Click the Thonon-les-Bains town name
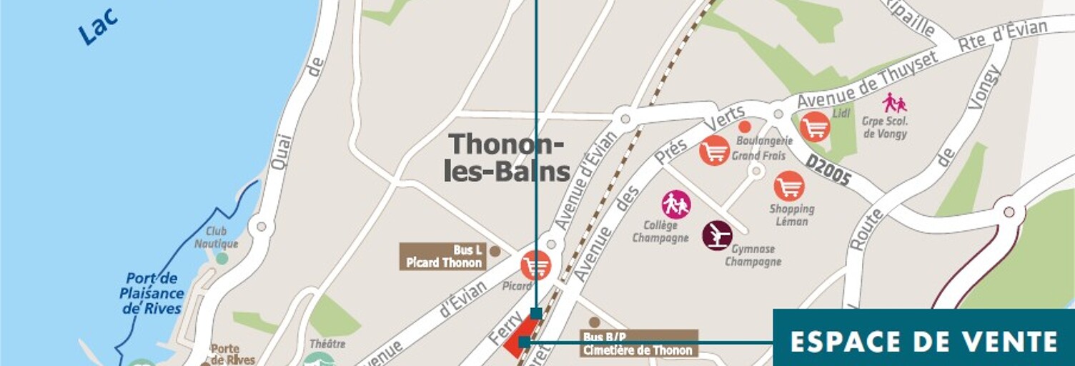coord(507,157)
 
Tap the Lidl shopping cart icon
coord(815,127)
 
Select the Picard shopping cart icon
coord(535,266)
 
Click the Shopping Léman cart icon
coord(789,186)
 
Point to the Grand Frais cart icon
coord(714,151)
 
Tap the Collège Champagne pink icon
coord(676,205)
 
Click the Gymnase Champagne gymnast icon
coord(717,235)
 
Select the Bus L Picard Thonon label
coord(443,257)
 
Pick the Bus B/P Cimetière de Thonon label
coord(638,344)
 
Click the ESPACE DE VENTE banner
coord(924,341)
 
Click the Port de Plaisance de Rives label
coord(152,294)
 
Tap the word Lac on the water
coord(98,28)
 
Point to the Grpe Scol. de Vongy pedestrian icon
coord(893,103)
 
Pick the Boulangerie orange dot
coord(744,127)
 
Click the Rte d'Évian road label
coord(1002,35)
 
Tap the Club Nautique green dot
coord(222,258)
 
